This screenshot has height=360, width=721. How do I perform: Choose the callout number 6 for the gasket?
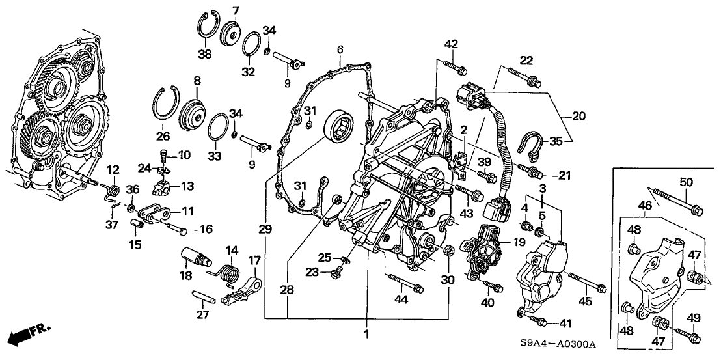[340, 49]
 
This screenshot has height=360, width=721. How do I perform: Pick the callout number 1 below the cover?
[366, 335]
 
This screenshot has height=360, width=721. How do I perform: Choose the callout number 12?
[113, 170]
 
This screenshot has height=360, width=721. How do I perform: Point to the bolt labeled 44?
[406, 281]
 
